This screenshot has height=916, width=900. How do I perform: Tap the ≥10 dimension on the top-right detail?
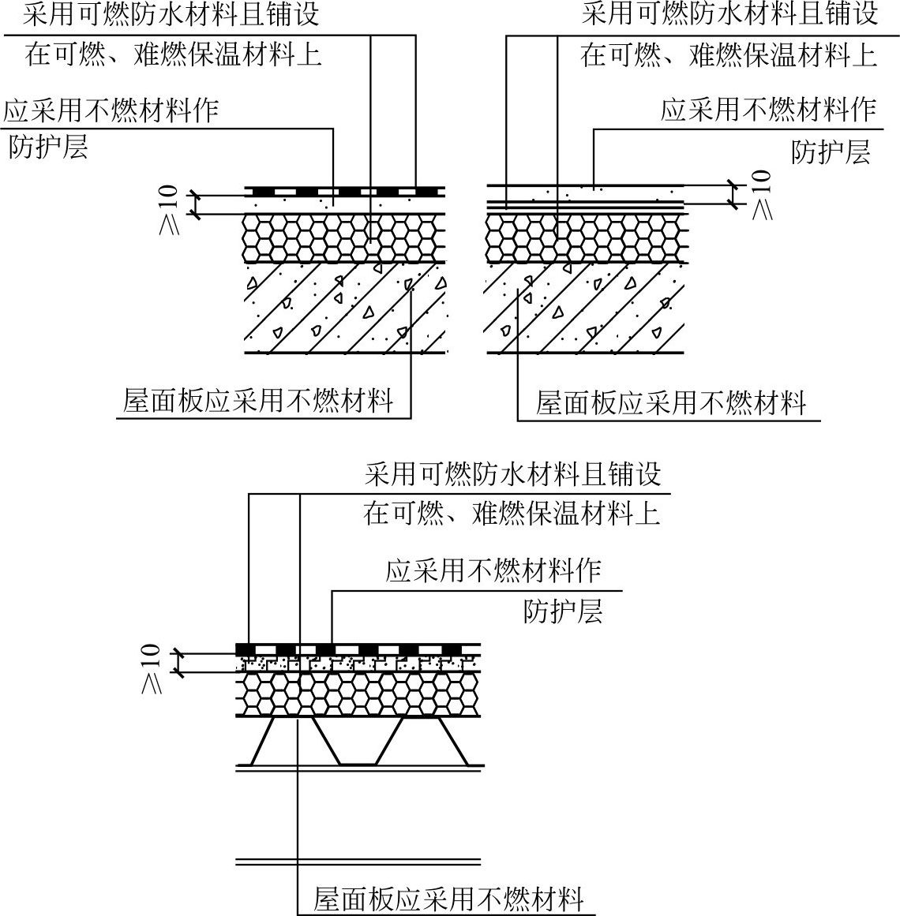pyautogui.click(x=760, y=194)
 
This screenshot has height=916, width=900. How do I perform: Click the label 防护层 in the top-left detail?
pyautogui.click(x=48, y=148)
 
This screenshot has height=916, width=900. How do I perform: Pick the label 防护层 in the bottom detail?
pyautogui.click(x=562, y=611)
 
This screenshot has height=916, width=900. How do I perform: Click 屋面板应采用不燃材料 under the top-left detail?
pyautogui.click(x=258, y=402)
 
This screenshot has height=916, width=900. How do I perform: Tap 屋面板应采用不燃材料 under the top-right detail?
pyautogui.click(x=670, y=403)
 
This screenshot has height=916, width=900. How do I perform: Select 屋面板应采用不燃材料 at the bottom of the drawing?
pyautogui.click(x=448, y=899)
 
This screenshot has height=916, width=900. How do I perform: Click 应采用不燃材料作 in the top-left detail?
pyautogui.click(x=111, y=110)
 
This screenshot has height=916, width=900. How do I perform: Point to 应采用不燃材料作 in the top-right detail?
pyautogui.click(x=768, y=110)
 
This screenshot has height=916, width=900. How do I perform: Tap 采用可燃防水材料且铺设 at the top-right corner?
pyautogui.click(x=729, y=15)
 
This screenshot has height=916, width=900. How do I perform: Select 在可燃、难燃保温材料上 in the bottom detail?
pyautogui.click(x=512, y=514)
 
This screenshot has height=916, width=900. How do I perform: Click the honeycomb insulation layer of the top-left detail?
pyautogui.click(x=344, y=237)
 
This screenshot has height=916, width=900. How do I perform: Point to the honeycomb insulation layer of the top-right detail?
pyautogui.click(x=584, y=237)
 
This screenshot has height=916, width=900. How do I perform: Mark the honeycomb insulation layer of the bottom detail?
pyautogui.click(x=359, y=695)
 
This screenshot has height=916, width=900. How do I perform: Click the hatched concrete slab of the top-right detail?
pyautogui.click(x=584, y=308)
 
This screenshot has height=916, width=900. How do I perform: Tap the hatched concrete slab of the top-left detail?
pyautogui.click(x=344, y=308)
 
